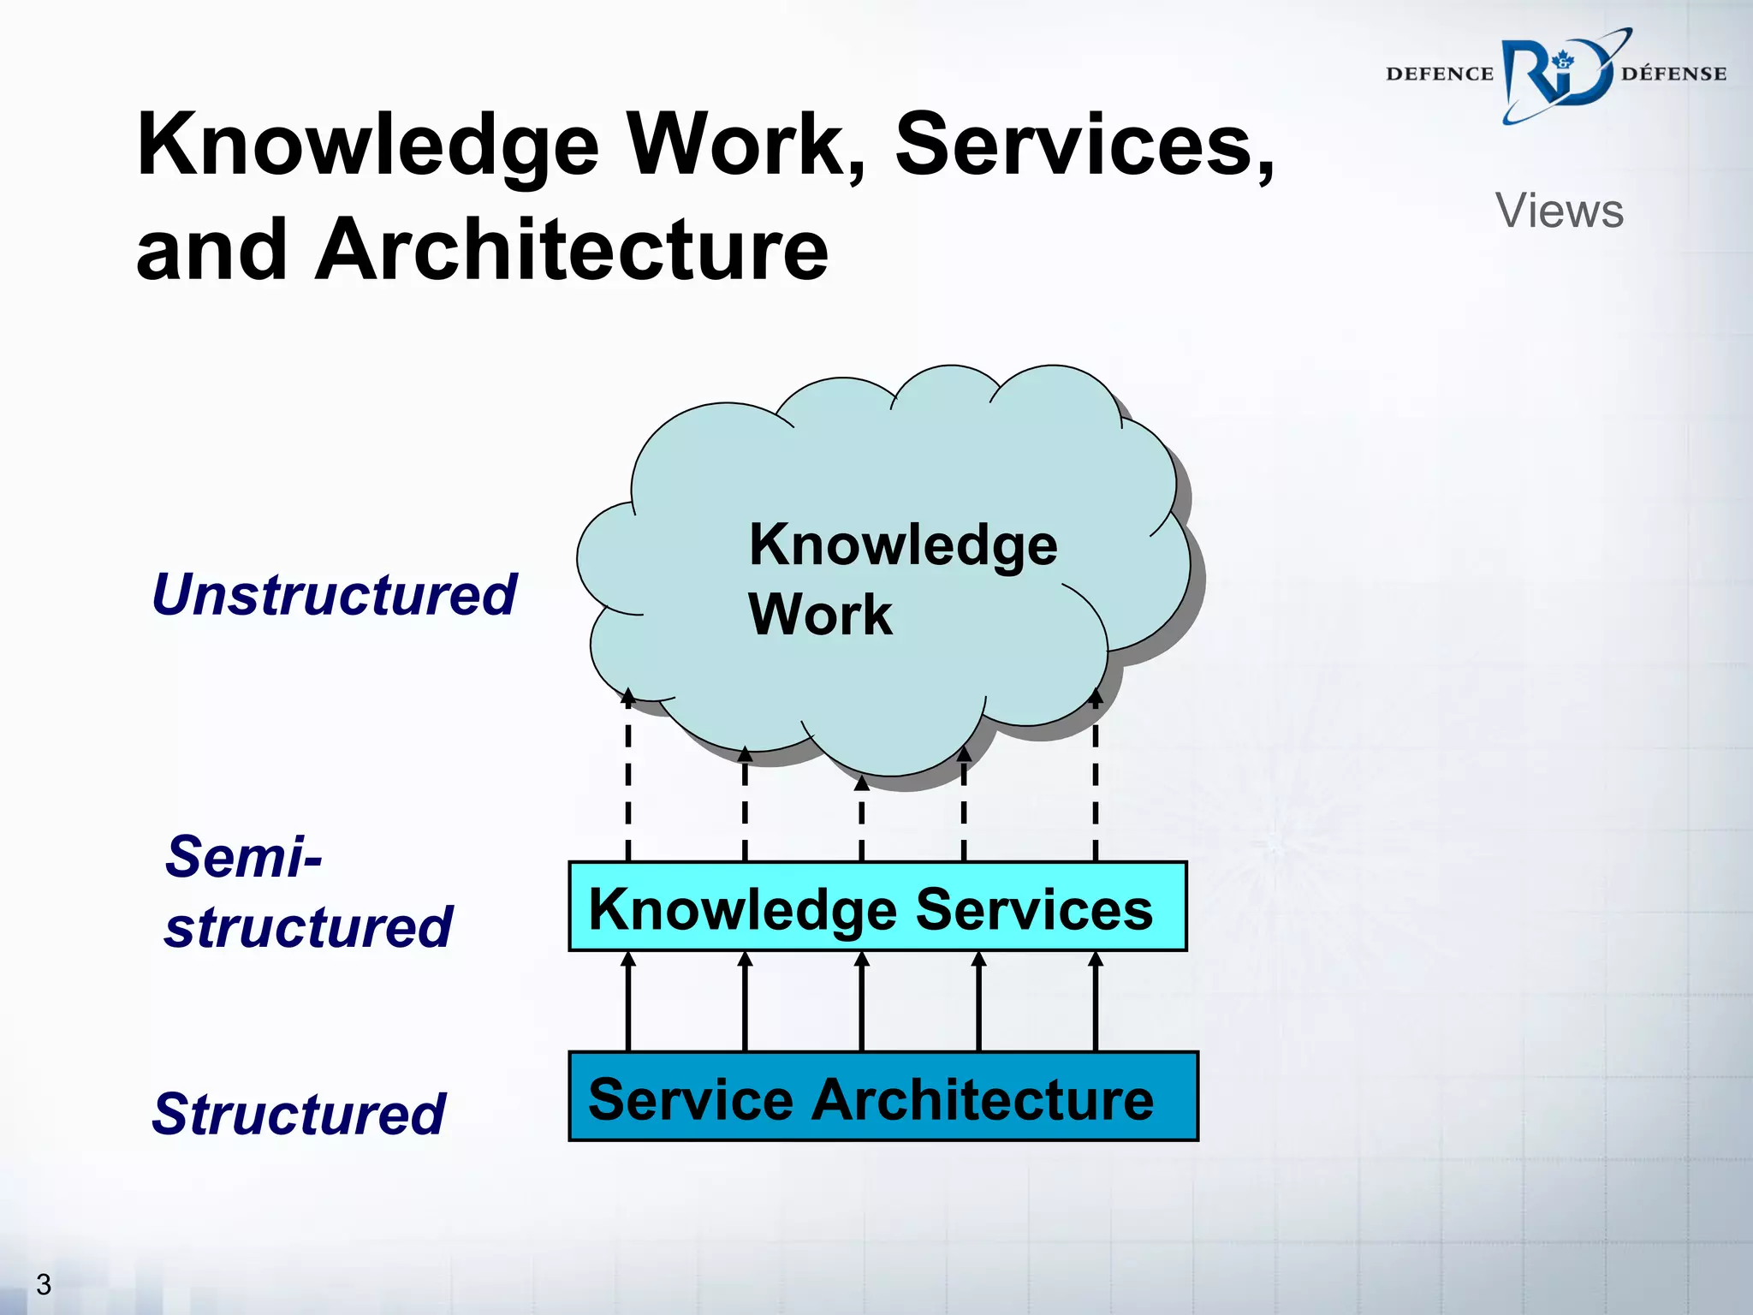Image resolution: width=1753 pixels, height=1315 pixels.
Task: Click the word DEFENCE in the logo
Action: click(1439, 74)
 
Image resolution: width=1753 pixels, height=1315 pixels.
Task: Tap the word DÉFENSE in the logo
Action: click(1673, 74)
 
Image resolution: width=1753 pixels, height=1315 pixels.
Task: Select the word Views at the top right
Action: click(1559, 211)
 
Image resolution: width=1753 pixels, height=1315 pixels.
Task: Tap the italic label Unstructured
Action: click(334, 594)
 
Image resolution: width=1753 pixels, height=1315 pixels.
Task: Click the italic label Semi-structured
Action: click(308, 891)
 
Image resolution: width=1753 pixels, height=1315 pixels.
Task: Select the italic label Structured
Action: click(299, 1114)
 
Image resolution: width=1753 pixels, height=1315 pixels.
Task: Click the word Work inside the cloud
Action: click(820, 614)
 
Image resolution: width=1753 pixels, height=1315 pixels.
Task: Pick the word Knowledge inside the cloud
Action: click(903, 544)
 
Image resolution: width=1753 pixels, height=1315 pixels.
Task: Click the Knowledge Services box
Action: click(877, 907)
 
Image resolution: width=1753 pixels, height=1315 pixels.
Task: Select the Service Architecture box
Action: click(882, 1097)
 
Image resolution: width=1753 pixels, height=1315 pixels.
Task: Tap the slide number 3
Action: click(44, 1284)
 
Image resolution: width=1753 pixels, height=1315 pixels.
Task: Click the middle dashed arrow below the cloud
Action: click(862, 818)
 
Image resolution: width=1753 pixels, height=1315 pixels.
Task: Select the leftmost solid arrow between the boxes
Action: click(628, 1002)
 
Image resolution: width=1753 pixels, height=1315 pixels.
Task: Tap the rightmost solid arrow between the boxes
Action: click(1096, 1002)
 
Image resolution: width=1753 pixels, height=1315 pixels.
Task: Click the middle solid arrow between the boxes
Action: click(862, 1002)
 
